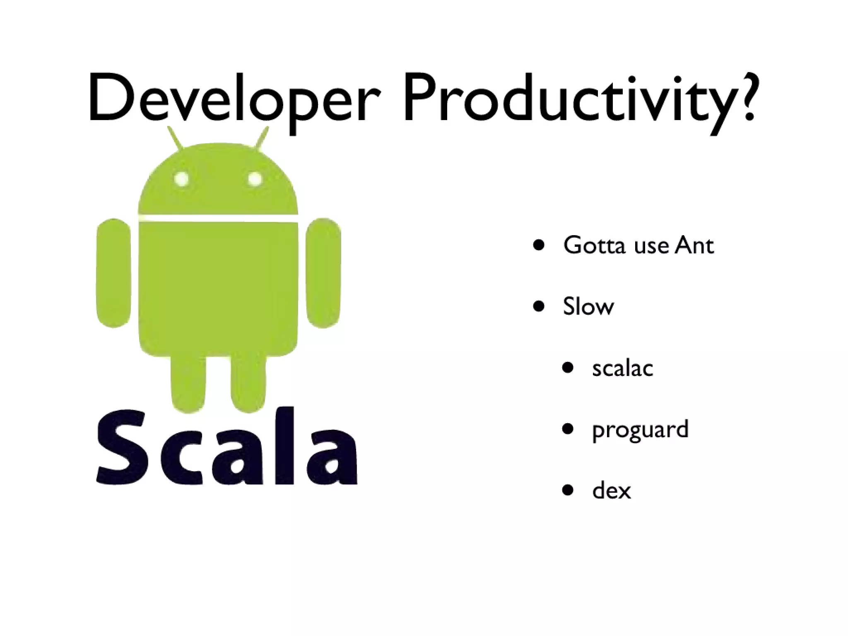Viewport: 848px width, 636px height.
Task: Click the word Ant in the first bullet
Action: point(694,246)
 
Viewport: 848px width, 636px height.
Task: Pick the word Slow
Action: point(588,307)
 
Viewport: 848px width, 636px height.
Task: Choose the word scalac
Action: point(622,368)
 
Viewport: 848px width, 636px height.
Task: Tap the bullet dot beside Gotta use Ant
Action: point(539,245)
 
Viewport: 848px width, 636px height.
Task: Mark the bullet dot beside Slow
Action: point(539,307)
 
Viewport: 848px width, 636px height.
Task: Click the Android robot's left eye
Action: point(181,179)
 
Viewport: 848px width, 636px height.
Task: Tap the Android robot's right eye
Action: point(255,179)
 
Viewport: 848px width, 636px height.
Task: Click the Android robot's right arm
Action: point(323,273)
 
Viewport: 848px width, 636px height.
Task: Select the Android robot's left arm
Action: point(113,273)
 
